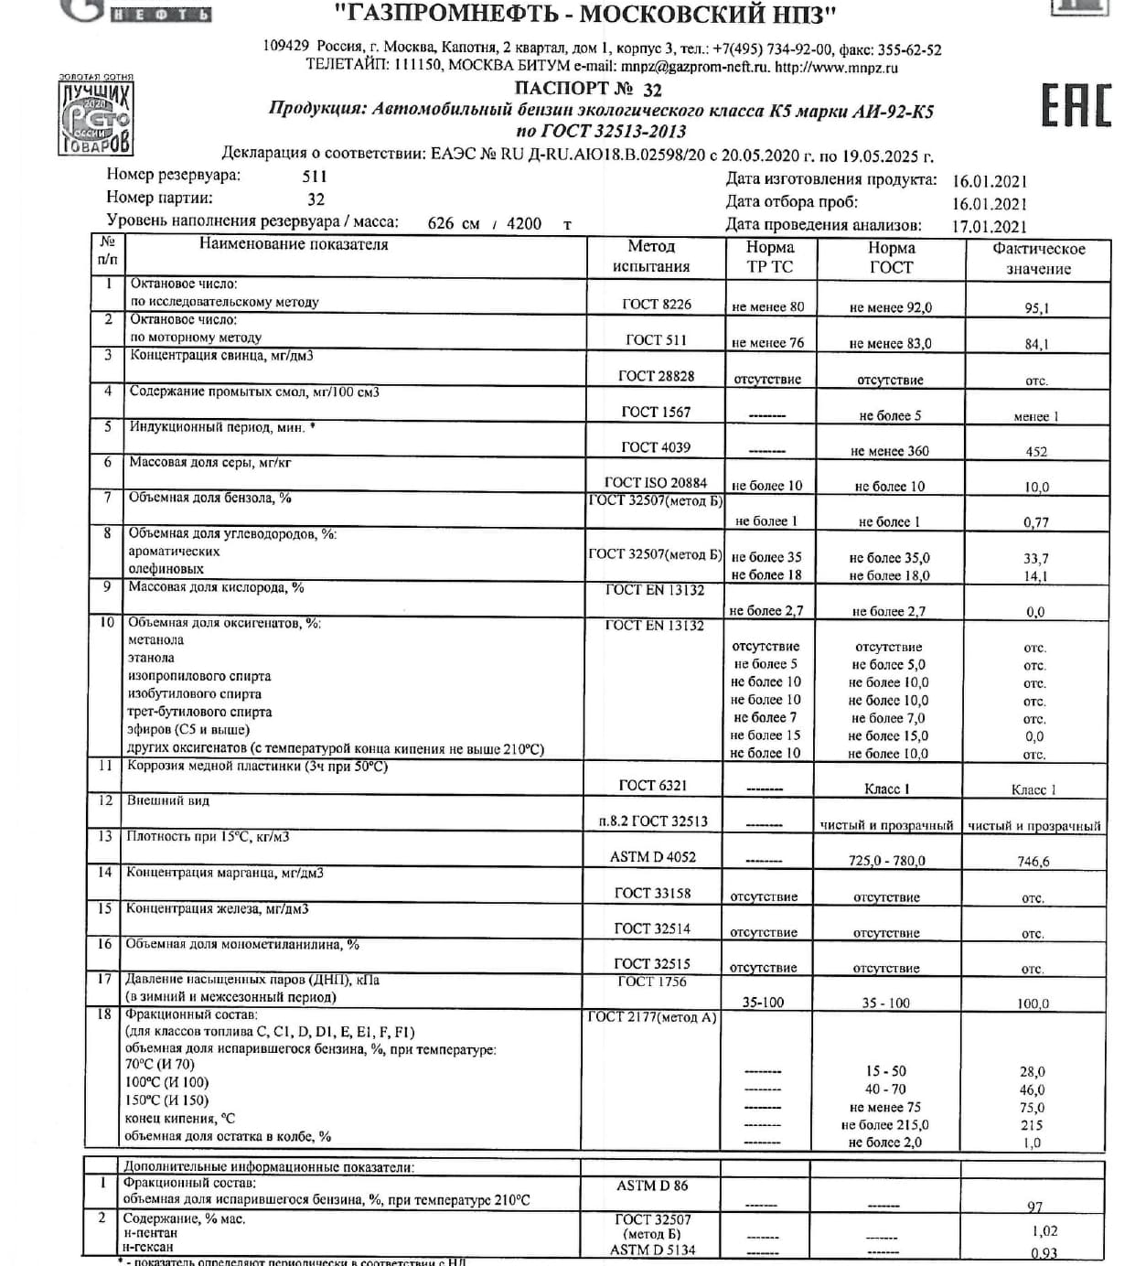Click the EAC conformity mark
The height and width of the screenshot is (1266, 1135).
pyautogui.click(x=1076, y=105)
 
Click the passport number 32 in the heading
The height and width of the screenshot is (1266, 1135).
pyautogui.click(x=652, y=90)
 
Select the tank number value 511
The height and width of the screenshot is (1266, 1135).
pyautogui.click(x=315, y=177)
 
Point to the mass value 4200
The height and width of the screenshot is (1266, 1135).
pyautogui.click(x=524, y=223)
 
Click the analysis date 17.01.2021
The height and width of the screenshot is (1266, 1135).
pyautogui.click(x=990, y=226)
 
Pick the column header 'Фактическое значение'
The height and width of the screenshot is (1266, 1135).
pyautogui.click(x=1038, y=258)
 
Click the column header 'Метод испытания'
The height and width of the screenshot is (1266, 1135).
pyautogui.click(x=651, y=256)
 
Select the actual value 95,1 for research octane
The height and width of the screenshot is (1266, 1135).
pyautogui.click(x=1036, y=308)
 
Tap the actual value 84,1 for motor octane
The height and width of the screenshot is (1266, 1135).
pyautogui.click(x=1036, y=344)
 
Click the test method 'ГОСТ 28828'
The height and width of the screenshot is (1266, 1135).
pyautogui.click(x=656, y=376)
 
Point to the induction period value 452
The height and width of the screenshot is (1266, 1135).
pyautogui.click(x=1036, y=451)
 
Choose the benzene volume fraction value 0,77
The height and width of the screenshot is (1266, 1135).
pyautogui.click(x=1035, y=522)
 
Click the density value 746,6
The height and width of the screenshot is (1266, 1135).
pyautogui.click(x=1033, y=861)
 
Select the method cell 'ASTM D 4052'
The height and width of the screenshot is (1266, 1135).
pyautogui.click(x=652, y=857)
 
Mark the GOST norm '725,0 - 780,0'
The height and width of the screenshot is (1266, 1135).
pyautogui.click(x=886, y=861)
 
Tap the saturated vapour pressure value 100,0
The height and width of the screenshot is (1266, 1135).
pyautogui.click(x=1033, y=1003)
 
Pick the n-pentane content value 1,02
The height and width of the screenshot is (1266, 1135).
pyautogui.click(x=1044, y=1231)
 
